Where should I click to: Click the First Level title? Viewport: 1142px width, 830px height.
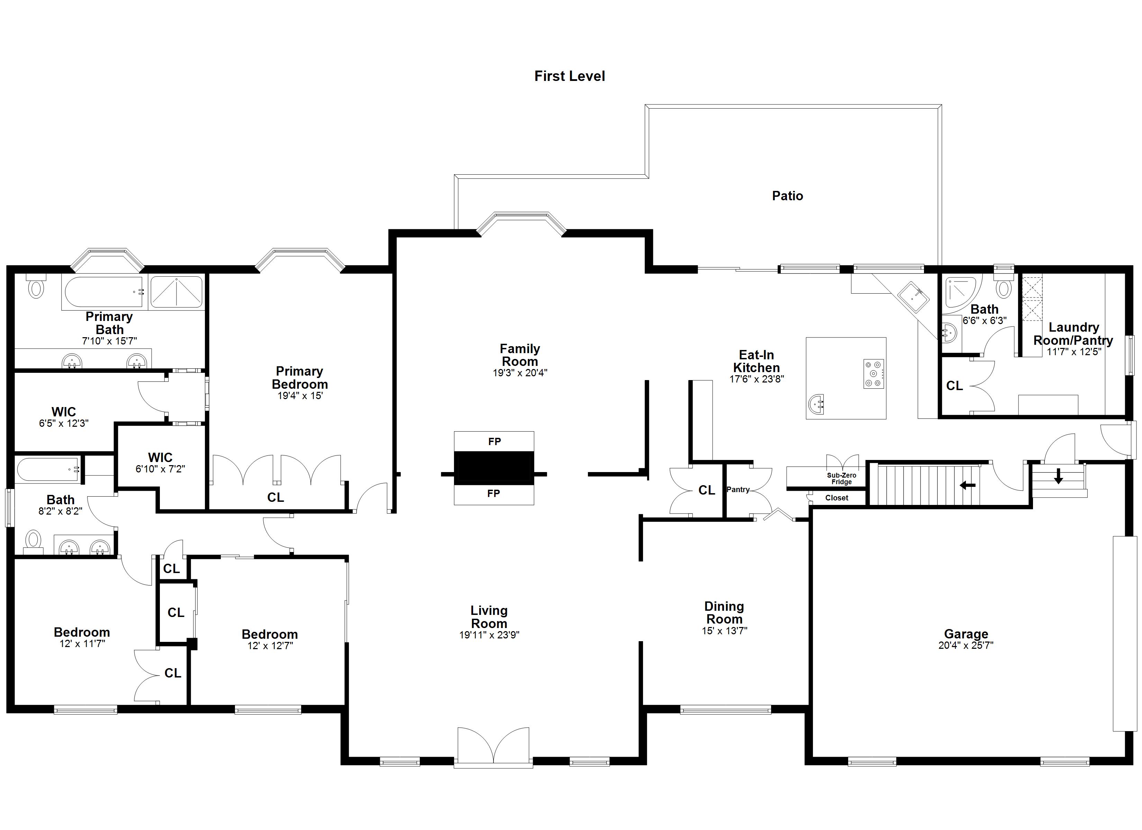[570, 76]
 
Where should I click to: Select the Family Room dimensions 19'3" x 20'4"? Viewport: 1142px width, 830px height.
[520, 373]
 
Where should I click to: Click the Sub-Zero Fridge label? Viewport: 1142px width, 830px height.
[841, 478]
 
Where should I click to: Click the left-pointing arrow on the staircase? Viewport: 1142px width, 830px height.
[967, 485]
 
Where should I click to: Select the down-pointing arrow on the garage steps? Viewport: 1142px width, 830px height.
[1058, 476]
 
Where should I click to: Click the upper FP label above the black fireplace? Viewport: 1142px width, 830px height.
[495, 441]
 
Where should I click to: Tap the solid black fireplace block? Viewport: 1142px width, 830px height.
[494, 468]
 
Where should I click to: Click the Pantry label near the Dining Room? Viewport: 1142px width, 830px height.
[738, 489]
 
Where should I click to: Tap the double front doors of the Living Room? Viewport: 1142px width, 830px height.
[493, 747]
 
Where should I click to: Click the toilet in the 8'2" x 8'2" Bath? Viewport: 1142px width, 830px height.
[34, 540]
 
